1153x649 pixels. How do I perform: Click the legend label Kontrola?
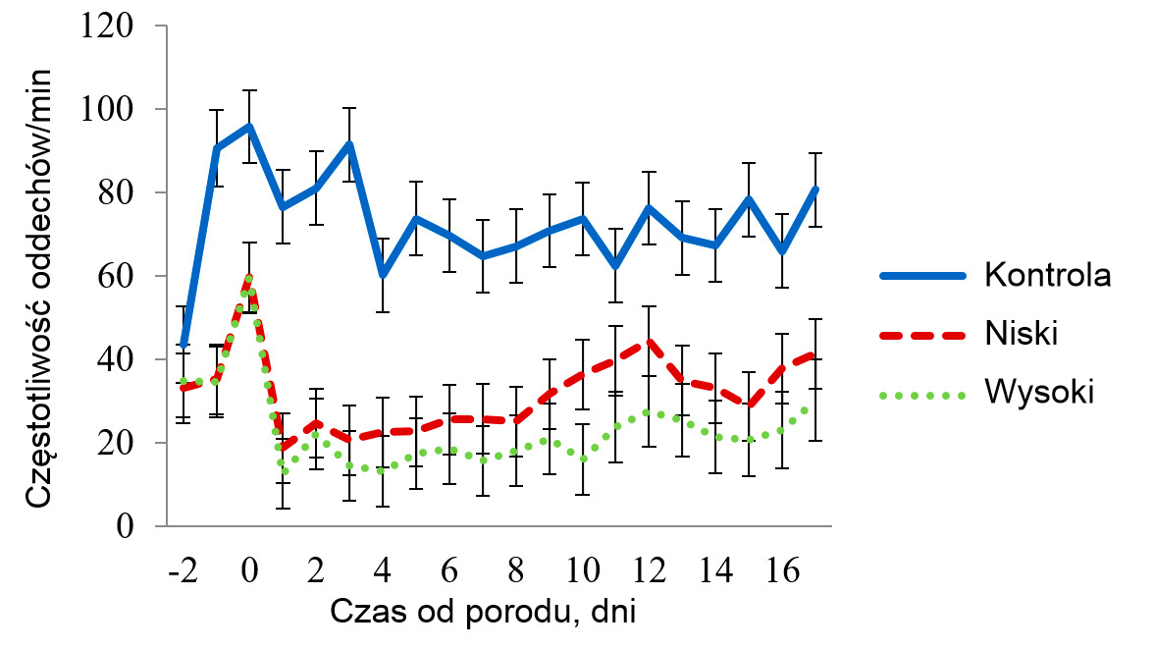1047,275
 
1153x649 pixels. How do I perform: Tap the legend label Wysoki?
1038,395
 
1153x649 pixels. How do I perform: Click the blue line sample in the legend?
922,275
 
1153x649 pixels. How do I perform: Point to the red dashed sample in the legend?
922,335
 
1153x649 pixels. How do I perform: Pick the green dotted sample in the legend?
922,395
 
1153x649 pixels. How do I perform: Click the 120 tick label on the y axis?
108,27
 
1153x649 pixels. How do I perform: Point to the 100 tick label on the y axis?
108,110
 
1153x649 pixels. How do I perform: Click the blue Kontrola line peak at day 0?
250,126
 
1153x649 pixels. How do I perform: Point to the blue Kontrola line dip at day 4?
383,274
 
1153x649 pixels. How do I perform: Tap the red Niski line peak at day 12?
650,343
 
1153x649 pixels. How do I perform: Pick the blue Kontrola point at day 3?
349,144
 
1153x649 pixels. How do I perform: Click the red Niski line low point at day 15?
750,405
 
